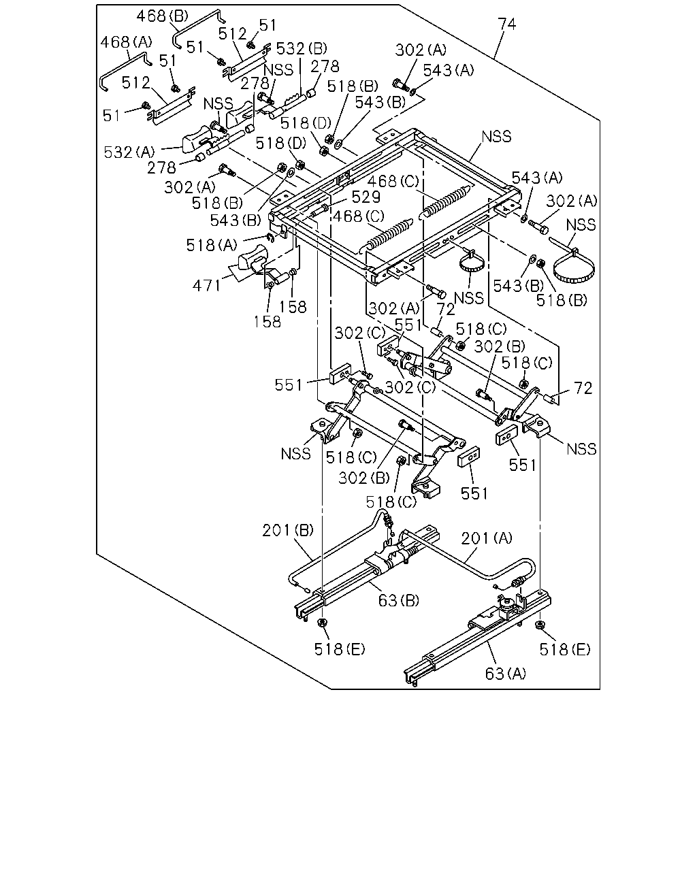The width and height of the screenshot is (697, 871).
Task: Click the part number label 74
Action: coord(507,24)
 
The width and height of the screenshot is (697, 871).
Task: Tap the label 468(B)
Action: coord(163,16)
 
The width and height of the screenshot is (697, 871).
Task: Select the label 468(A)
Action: coord(127,42)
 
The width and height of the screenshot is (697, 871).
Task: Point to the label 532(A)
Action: coord(129,152)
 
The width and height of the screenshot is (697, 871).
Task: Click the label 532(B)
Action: coord(302,48)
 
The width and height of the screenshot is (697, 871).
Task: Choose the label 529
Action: coord(366,197)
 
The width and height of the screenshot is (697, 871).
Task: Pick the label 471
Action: coord(206,286)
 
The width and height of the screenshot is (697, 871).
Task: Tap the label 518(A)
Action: coord(212,245)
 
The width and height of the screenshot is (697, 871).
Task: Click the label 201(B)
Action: coord(288,530)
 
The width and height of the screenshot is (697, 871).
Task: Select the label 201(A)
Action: coord(487,538)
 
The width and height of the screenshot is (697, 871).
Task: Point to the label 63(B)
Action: coord(398,600)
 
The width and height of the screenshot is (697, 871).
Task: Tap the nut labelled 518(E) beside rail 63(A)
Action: coord(540,625)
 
